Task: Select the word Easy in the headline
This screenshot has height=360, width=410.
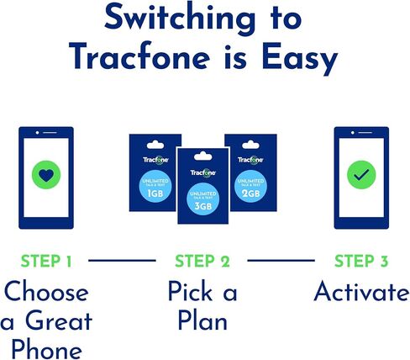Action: point(295,58)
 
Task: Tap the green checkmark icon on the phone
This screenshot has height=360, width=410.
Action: point(361,177)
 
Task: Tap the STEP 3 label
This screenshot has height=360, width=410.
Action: point(360,262)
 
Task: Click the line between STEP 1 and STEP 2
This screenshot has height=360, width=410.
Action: point(123,262)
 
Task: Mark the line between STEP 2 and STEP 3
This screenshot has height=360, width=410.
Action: point(281,262)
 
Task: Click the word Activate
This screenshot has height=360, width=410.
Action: point(360,293)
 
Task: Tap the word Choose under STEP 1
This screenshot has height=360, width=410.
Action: point(45,293)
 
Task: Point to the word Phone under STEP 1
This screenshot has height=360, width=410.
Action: point(45,348)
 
